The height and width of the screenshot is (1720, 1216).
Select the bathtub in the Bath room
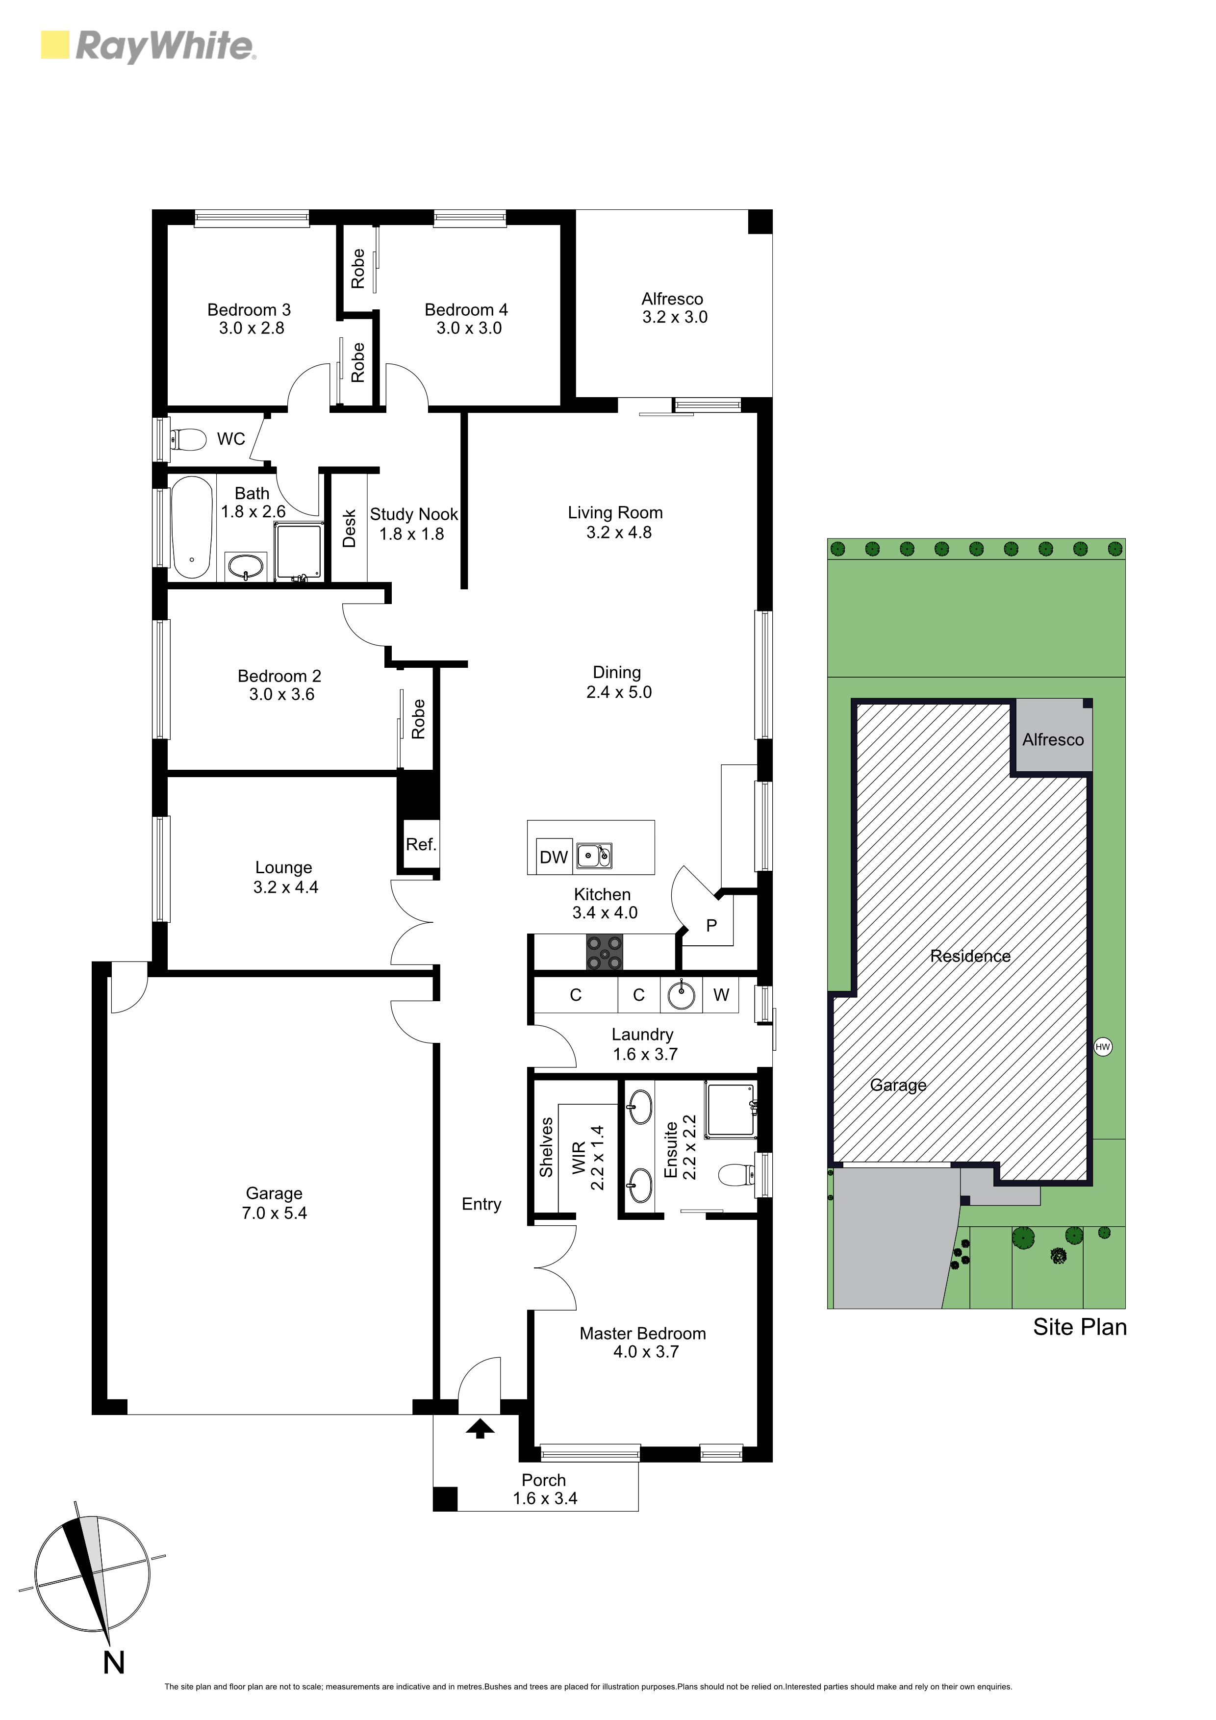pos(191,528)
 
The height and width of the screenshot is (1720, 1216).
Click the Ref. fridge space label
pos(421,845)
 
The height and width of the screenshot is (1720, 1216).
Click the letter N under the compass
pos(114,1662)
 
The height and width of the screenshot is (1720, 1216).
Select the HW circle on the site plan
pos(1102,1046)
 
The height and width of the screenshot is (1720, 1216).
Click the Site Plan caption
pos(1080,1327)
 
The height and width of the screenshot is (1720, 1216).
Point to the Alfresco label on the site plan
pos(1053,739)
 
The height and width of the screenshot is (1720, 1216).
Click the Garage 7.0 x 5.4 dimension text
pos(274,1214)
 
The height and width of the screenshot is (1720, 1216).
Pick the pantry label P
pos(711,925)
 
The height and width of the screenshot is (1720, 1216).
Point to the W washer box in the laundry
pos(721,995)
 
